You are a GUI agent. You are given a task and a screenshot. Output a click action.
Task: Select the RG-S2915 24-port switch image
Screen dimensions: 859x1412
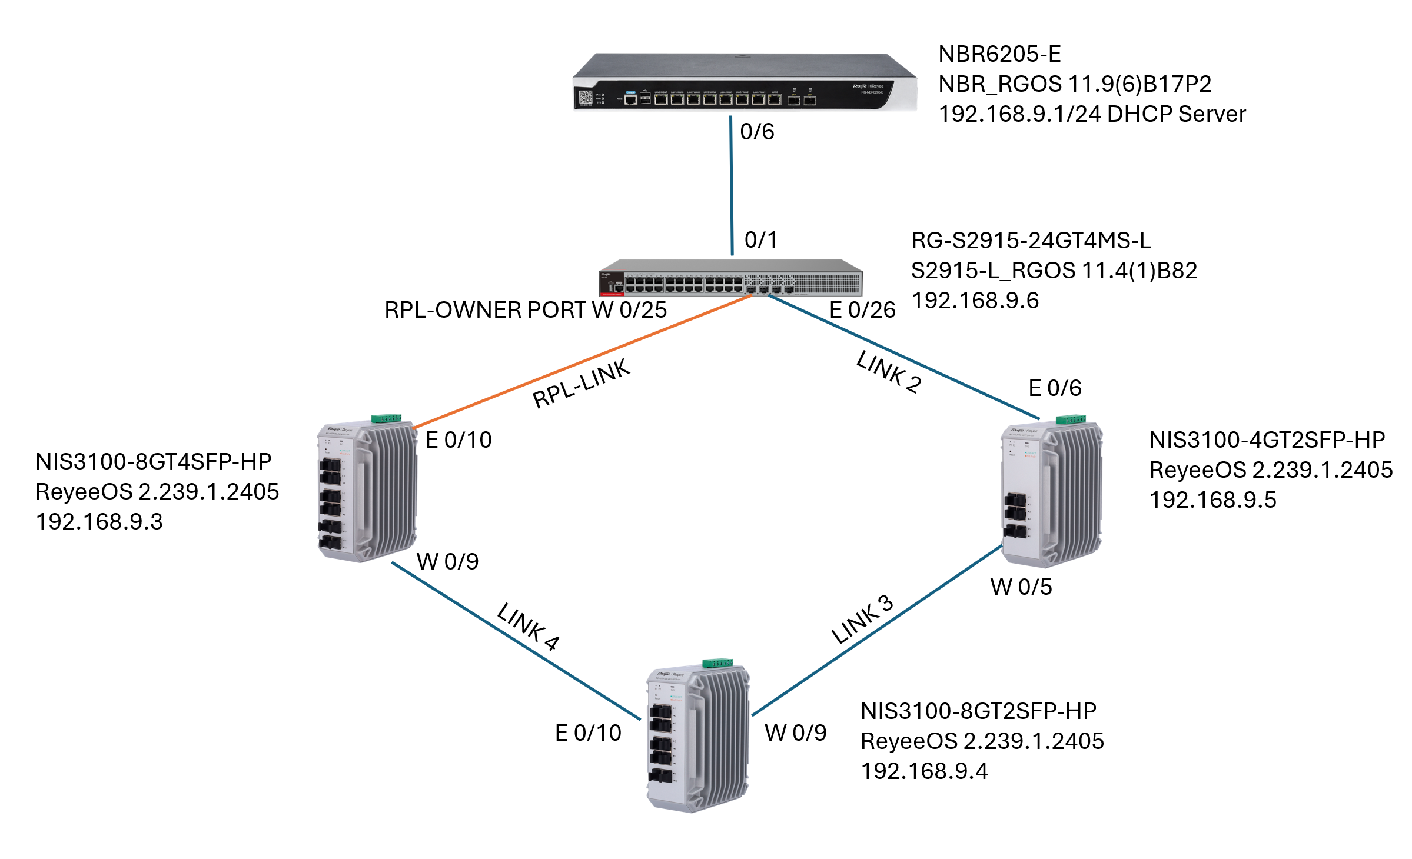pyautogui.click(x=730, y=278)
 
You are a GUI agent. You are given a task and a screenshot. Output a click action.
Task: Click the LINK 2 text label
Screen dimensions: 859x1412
pyautogui.click(x=889, y=372)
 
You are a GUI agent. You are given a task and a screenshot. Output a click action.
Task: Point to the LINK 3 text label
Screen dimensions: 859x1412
pyautogui.click(x=862, y=620)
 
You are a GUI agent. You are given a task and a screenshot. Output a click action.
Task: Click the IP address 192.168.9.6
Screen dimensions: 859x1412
pyautogui.click(x=975, y=301)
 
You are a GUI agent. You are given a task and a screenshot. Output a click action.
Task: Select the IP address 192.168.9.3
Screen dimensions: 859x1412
pyautogui.click(x=99, y=522)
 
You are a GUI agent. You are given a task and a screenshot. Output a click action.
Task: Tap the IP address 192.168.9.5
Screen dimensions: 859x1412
pyautogui.click(x=1212, y=500)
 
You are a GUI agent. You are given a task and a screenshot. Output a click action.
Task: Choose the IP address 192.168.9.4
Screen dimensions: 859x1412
pyautogui.click(x=924, y=771)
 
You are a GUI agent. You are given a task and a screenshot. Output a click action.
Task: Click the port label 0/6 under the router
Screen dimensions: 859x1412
pyautogui.click(x=757, y=132)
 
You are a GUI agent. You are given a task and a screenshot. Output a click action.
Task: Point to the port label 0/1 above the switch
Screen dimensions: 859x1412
pyautogui.click(x=760, y=240)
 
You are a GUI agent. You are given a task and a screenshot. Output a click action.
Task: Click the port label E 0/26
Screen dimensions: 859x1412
pyautogui.click(x=862, y=310)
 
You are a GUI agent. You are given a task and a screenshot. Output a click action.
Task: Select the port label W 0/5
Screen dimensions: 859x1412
pyautogui.click(x=1021, y=587)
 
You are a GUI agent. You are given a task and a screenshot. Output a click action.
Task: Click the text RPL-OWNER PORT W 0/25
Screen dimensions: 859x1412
pyautogui.click(x=525, y=310)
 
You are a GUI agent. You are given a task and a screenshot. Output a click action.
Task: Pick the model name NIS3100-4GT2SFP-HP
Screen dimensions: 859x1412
pyautogui.click(x=1267, y=440)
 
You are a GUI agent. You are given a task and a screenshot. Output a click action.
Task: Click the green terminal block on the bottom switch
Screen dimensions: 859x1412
pyautogui.click(x=717, y=663)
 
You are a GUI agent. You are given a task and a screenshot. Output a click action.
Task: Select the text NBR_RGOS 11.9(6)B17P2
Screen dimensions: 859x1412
pyautogui.click(x=1074, y=84)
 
